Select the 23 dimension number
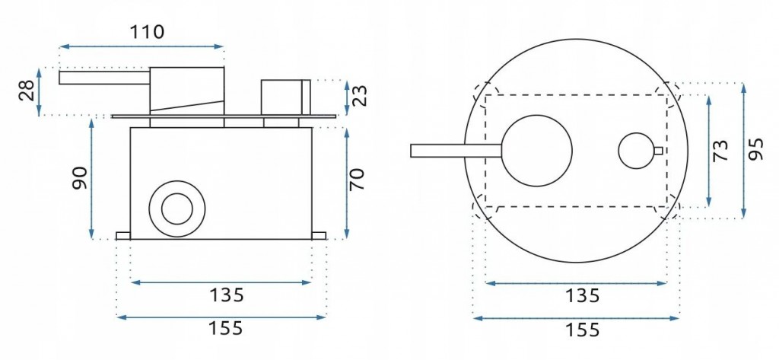pyautogui.click(x=361, y=97)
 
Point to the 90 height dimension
pyautogui.click(x=80, y=179)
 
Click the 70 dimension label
pyautogui.click(x=357, y=180)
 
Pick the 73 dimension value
pyautogui.click(x=720, y=150)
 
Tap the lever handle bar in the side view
pyautogui.click(x=104, y=77)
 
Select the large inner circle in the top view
pyautogui.click(x=537, y=151)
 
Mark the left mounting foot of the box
pyautogui.click(x=123, y=236)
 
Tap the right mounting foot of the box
pyautogui.click(x=319, y=236)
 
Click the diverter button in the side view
pyautogui.click(x=285, y=97)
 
